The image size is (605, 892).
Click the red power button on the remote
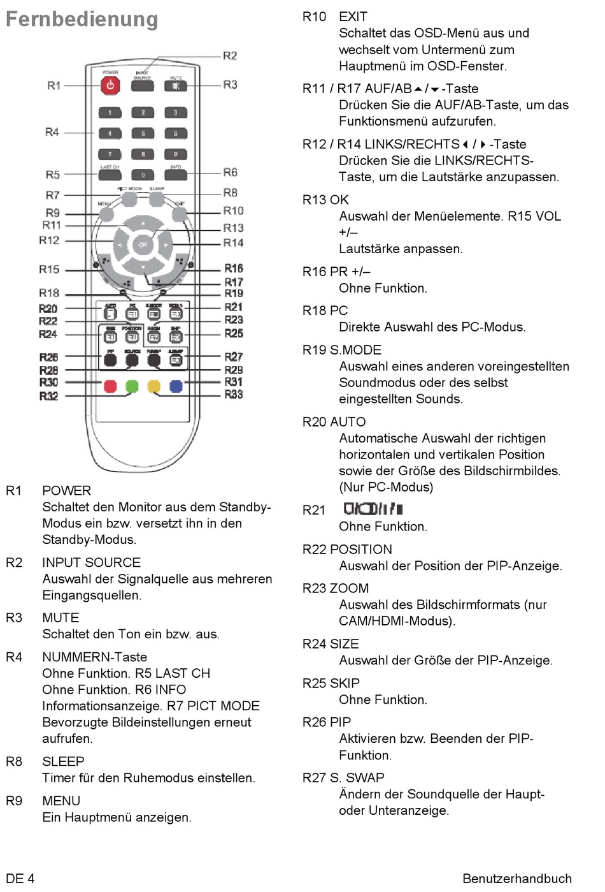pos(110,85)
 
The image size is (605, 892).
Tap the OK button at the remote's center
pos(143,244)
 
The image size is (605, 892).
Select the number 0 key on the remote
pos(143,175)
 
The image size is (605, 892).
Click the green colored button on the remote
pos(132,386)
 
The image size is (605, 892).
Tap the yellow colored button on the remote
pos(153,386)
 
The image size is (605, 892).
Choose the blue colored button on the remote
pos(176,386)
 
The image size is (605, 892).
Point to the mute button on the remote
pos(176,85)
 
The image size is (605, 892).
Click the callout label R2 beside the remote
pos(230,56)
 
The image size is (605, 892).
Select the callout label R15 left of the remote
pos(49,270)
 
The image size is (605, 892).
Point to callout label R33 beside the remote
pos(234,395)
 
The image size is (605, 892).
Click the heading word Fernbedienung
pos(82,19)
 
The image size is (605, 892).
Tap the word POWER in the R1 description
pos(66,491)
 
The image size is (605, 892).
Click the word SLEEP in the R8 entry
pos(63,762)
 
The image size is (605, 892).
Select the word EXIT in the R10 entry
pos(353,17)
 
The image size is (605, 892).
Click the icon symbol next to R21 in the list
pos(373,509)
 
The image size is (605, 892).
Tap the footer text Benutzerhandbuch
pos(516,879)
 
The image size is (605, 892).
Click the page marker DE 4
pos(20,879)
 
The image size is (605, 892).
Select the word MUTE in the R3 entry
pos(60,618)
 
